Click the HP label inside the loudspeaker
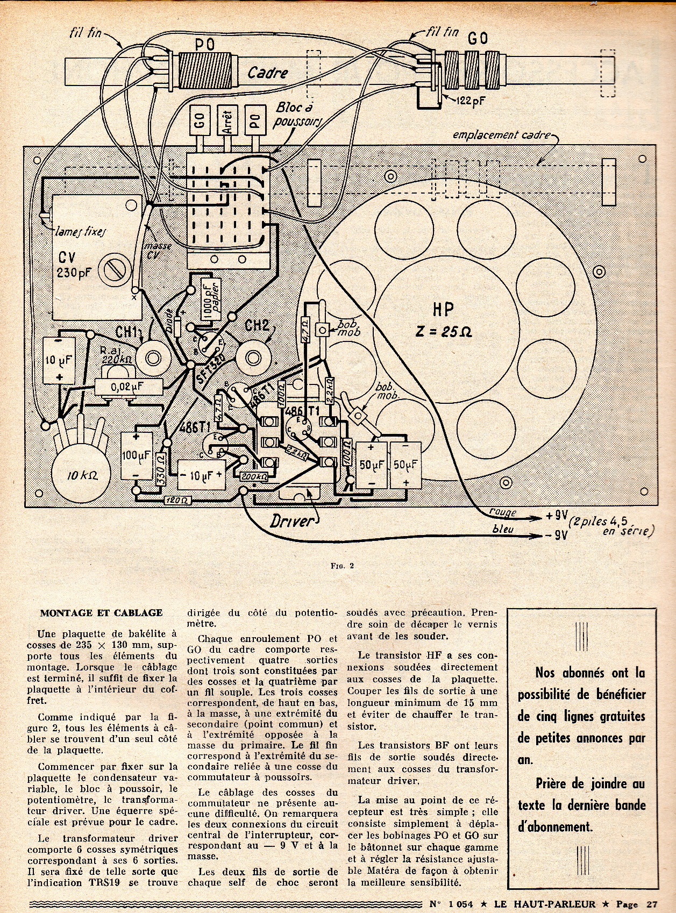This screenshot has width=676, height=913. (x=443, y=310)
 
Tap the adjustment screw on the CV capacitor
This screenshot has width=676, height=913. (x=117, y=267)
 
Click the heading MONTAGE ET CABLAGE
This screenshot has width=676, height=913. (x=101, y=612)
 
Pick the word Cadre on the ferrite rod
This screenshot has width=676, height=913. (x=268, y=73)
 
